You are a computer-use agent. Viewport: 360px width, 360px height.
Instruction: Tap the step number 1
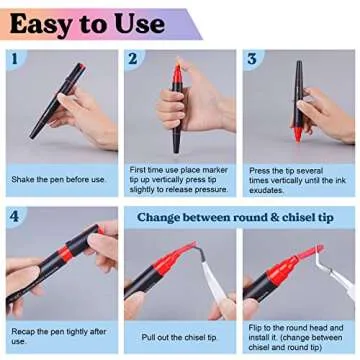click(14, 59)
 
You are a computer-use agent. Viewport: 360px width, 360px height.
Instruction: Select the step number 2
click(132, 59)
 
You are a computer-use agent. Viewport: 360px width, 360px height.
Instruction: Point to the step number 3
click(252, 59)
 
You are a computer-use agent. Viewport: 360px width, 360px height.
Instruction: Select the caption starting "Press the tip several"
click(296, 179)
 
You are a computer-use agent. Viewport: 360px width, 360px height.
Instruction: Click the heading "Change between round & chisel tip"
click(238, 216)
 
